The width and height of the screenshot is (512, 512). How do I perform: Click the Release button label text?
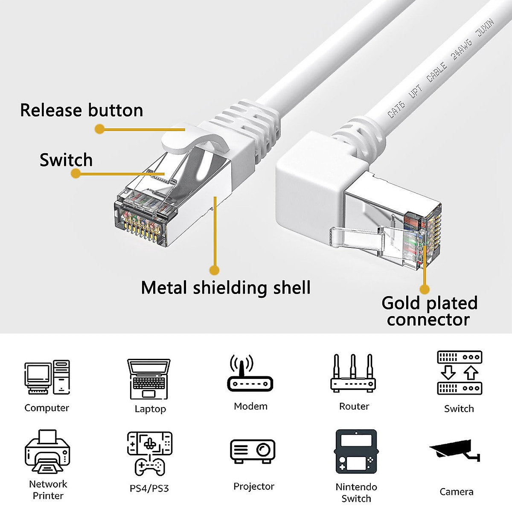tap(81, 111)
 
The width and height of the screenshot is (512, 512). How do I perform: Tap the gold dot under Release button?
tap(99, 129)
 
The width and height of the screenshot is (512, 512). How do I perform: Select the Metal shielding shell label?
tap(226, 288)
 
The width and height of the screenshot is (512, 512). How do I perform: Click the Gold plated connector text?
tap(429, 311)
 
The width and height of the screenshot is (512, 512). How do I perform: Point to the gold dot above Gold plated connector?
tap(425, 289)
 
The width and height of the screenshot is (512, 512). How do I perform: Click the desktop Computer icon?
tap(47, 378)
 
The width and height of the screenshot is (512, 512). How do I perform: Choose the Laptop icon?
tap(149, 379)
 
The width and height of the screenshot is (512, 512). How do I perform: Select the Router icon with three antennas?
tap(353, 374)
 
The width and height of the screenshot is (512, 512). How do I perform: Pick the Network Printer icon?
tap(47, 453)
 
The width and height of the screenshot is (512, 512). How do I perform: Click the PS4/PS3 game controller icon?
tap(150, 454)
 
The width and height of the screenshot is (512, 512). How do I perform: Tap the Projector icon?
tap(253, 452)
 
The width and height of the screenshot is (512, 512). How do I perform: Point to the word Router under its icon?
tap(354, 407)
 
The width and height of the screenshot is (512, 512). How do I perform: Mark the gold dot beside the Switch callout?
tap(76, 173)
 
